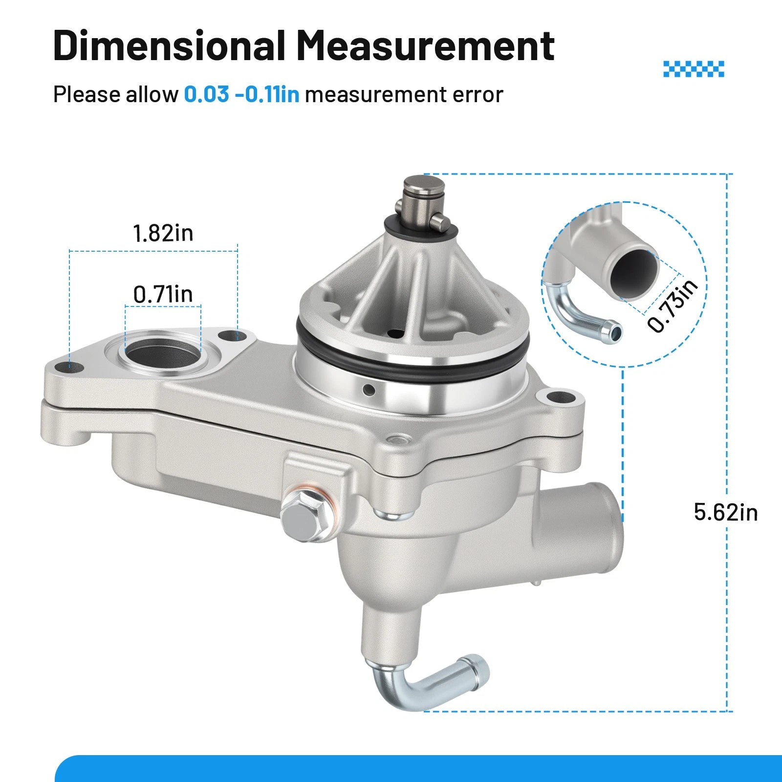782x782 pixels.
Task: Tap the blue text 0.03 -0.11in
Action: [241, 94]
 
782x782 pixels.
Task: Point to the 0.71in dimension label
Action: [163, 294]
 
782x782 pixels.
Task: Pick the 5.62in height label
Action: [726, 512]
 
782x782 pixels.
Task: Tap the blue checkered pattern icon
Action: [694, 69]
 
